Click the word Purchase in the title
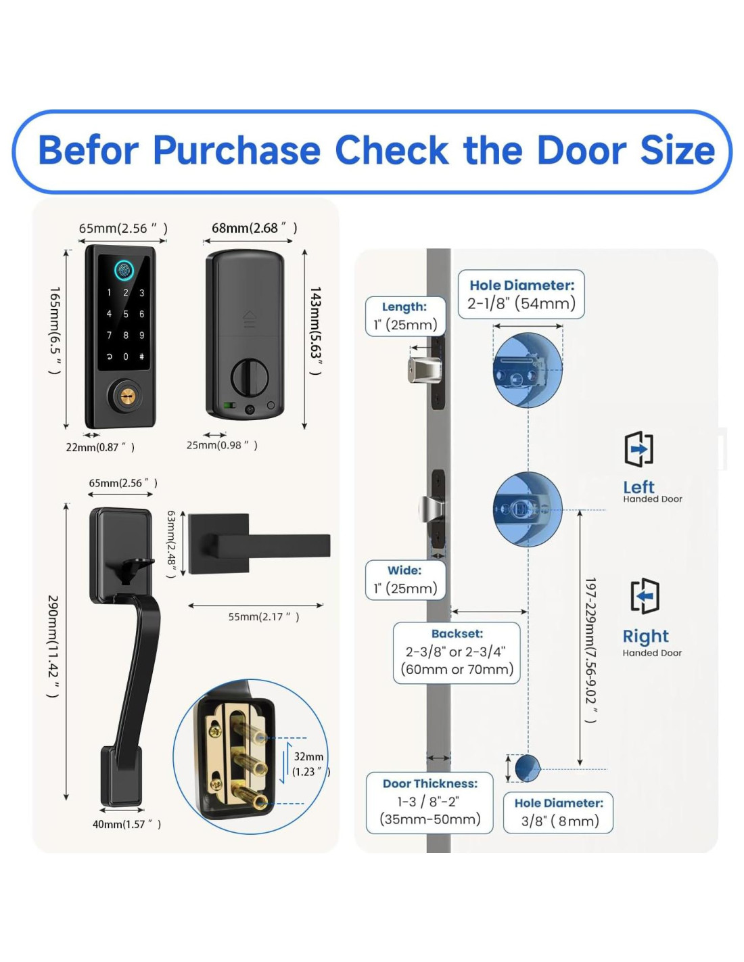tap(236, 151)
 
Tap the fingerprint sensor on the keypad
tap(124, 270)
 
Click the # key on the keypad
tap(141, 357)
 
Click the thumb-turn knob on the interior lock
tap(249, 377)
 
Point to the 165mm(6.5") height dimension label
tap(55, 330)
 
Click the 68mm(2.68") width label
tap(254, 228)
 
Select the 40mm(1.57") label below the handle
tap(126, 824)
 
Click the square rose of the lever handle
tap(218, 544)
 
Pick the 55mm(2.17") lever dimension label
tap(263, 617)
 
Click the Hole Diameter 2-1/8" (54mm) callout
tap(521, 295)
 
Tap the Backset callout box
tap(457, 653)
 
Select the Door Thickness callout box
tap(429, 802)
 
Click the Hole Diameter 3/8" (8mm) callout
tap(559, 812)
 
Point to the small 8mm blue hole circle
tap(527, 768)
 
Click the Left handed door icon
tap(638, 449)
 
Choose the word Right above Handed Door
tap(645, 637)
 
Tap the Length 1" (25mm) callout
tap(405, 317)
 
